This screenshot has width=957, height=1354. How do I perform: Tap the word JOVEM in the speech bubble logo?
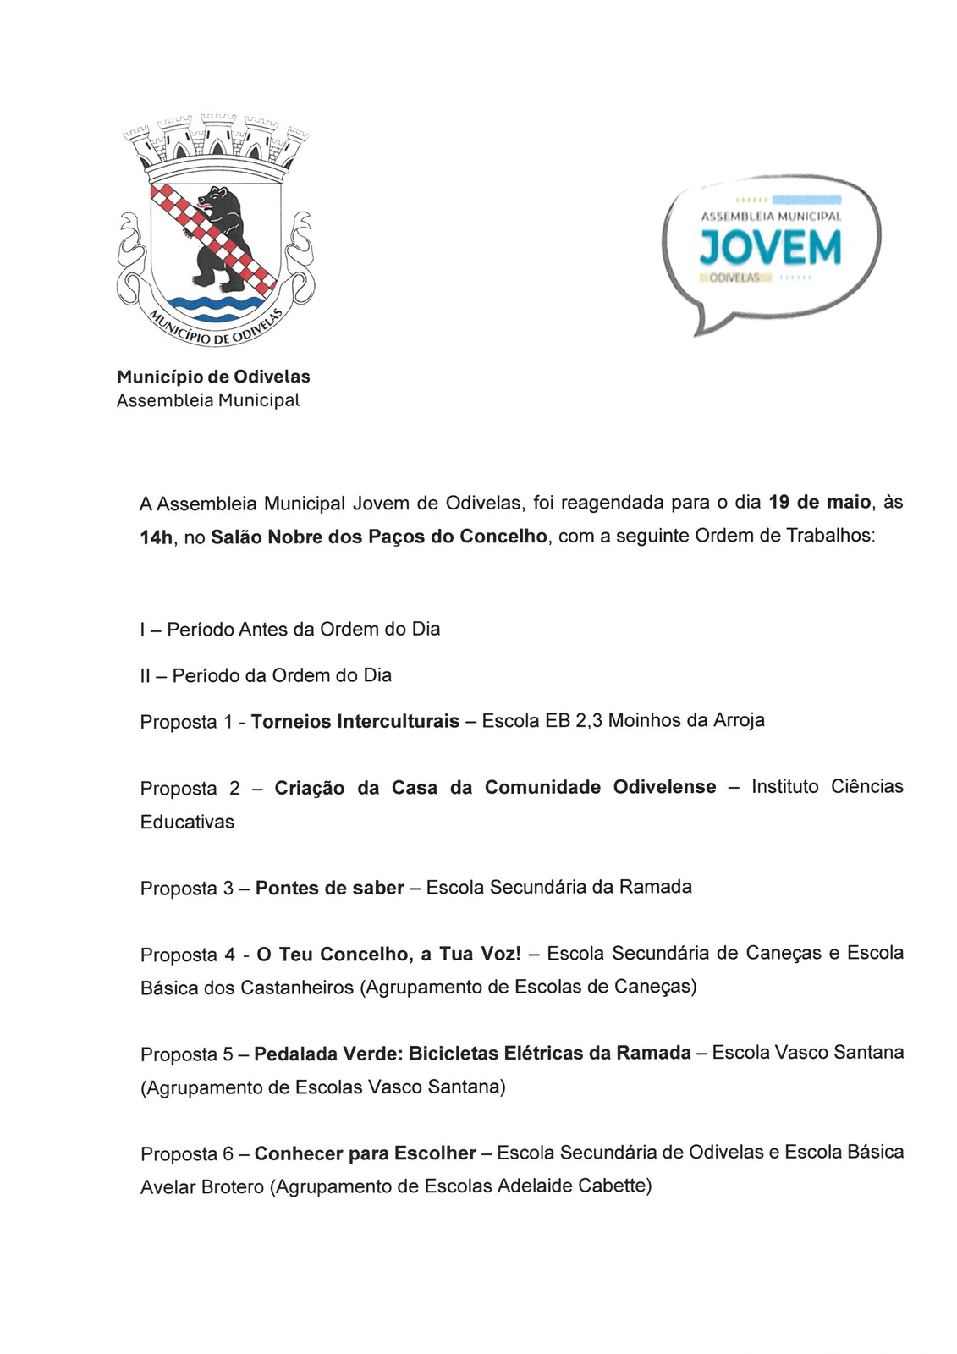coord(770,248)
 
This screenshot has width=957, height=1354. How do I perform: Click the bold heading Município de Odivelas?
coord(213,377)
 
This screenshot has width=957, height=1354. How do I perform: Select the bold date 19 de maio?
coord(819,502)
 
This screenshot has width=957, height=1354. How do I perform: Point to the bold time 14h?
coord(156,537)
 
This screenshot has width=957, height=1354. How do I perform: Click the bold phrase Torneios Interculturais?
coord(355,721)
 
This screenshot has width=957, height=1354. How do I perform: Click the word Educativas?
coord(187,822)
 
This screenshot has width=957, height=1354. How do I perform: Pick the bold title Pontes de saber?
coord(329,888)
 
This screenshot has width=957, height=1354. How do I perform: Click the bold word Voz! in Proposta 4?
coord(500,954)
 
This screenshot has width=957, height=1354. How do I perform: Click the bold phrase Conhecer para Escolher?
coord(365,1153)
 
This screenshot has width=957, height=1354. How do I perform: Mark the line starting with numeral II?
coord(266,675)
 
